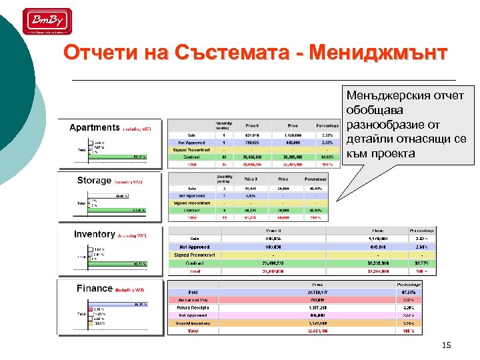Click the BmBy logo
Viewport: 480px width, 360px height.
(48, 21)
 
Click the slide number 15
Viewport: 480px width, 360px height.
(446, 345)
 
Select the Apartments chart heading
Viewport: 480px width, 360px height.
(95, 127)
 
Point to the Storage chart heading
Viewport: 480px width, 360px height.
(94, 180)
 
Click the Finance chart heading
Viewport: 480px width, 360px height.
(94, 288)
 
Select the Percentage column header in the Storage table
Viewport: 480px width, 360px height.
(315, 179)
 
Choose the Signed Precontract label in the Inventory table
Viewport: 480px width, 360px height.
(194, 255)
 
